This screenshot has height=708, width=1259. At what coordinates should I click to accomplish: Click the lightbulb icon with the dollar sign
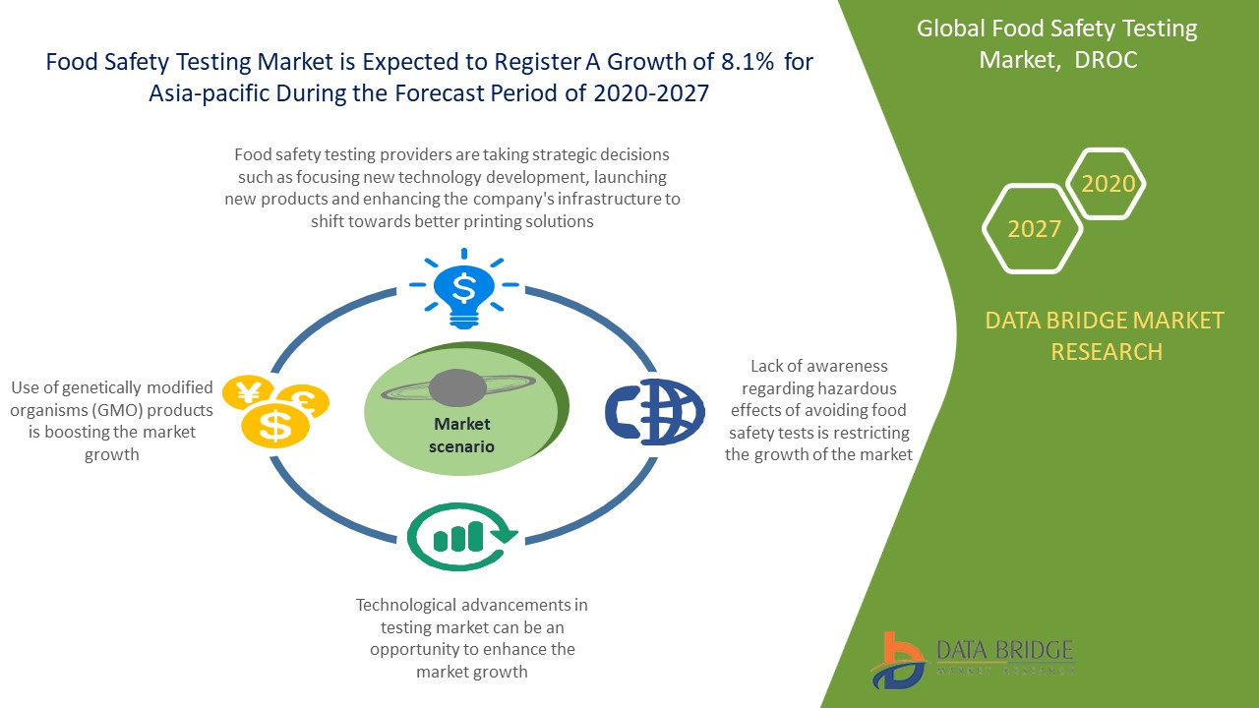[463, 288]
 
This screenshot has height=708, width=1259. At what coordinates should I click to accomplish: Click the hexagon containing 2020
[1107, 184]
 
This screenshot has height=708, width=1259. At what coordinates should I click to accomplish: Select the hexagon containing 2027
[1034, 229]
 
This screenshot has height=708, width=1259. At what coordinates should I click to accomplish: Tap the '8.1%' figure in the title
[737, 62]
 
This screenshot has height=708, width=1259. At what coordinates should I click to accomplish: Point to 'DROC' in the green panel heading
[1107, 60]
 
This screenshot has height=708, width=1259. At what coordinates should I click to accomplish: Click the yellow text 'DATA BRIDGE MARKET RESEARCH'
[1106, 335]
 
